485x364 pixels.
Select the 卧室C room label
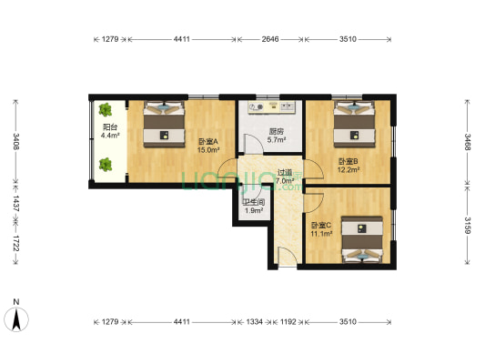(x=321, y=225)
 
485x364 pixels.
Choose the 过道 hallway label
(x=286, y=172)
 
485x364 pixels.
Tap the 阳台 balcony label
(x=109, y=127)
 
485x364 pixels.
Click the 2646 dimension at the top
(x=271, y=39)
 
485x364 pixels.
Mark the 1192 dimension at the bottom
(x=288, y=321)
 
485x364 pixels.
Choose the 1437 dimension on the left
(x=15, y=204)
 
